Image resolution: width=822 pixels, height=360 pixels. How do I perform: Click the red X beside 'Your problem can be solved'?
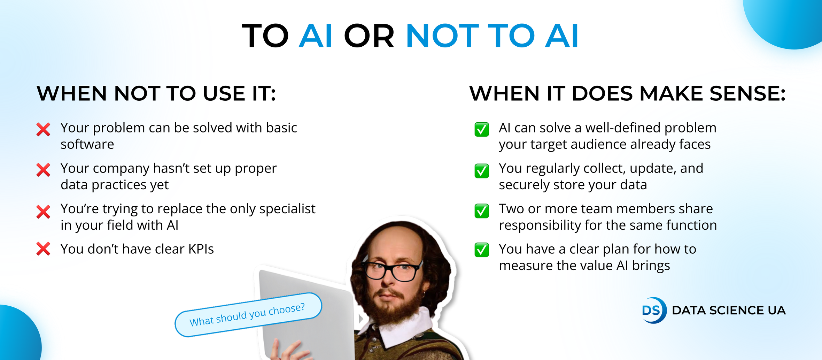point(44,129)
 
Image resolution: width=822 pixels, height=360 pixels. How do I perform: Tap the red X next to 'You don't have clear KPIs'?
point(44,249)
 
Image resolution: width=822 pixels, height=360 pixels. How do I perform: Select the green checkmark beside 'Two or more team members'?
point(482,211)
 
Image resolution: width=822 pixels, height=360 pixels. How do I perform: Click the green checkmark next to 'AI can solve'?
point(482,129)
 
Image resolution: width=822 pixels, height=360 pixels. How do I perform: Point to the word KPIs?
point(201,249)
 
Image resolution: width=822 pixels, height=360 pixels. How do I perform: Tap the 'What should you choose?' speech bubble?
point(248,315)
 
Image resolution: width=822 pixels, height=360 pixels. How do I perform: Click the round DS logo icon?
point(654,310)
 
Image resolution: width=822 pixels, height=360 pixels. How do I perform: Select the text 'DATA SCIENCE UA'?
point(729,310)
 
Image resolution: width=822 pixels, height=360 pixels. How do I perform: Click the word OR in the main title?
point(369,36)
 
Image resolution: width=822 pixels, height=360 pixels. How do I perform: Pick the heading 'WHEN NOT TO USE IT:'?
point(156,93)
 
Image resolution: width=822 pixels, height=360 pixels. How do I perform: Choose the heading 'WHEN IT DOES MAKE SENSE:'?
point(627,93)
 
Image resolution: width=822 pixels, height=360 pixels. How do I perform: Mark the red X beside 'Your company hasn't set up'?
point(44,170)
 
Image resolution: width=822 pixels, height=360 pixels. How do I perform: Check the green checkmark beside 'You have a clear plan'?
point(482,250)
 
